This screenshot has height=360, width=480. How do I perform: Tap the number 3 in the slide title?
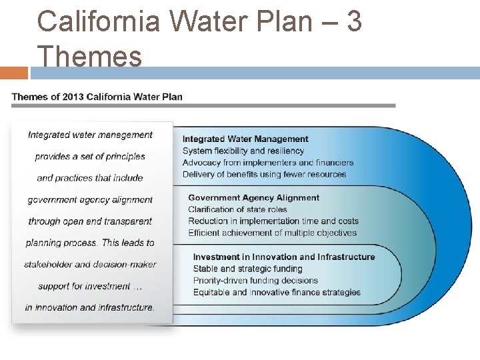click(354, 21)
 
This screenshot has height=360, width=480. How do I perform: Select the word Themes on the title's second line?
click(90, 56)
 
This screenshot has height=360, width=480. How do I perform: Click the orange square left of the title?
click(14, 73)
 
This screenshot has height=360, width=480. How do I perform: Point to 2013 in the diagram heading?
click(73, 97)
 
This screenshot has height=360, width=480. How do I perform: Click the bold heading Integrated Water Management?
click(245, 139)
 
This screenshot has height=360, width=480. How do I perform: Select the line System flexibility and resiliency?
click(243, 151)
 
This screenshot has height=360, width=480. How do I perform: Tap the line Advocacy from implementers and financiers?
click(268, 163)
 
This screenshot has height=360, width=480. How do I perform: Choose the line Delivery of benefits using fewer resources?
click(264, 174)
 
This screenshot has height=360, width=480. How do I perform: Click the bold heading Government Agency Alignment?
click(253, 198)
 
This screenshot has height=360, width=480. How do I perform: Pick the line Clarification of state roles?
click(237, 209)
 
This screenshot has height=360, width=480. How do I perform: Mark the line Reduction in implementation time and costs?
click(273, 221)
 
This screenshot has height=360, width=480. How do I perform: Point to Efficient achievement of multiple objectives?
click(272, 233)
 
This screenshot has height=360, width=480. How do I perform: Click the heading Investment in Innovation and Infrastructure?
click(284, 257)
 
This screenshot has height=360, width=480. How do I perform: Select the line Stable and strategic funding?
click(247, 269)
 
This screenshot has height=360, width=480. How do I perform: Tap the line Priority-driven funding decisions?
click(255, 280)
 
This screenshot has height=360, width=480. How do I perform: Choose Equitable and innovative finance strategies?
click(277, 292)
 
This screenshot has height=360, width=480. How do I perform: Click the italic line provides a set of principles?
click(90, 156)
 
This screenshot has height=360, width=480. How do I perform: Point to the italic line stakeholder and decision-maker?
click(90, 264)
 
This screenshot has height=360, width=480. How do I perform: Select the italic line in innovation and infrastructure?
click(90, 307)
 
